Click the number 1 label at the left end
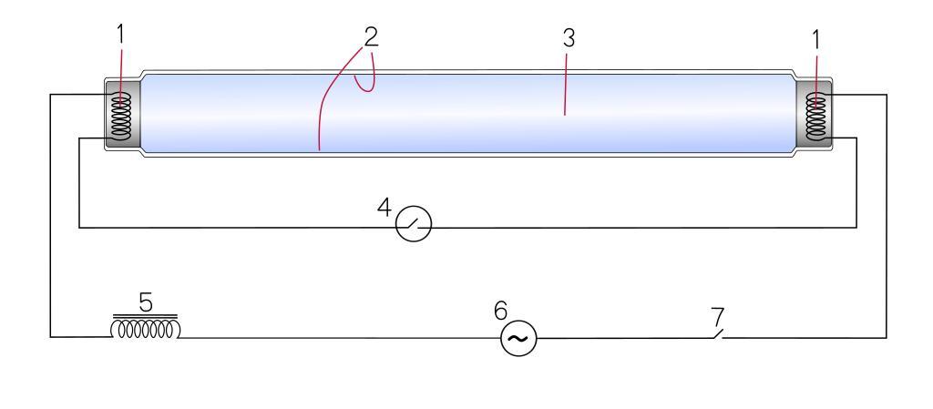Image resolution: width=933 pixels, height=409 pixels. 121,36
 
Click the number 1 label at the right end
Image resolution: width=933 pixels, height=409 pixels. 815,41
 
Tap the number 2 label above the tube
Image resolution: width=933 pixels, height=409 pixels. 371,37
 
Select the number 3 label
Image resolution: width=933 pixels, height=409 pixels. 569,38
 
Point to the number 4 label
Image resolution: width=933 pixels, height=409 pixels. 384,208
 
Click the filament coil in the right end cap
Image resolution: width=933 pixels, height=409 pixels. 815,117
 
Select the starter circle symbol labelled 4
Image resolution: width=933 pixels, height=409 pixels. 414,224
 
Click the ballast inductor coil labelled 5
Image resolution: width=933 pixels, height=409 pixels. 145,329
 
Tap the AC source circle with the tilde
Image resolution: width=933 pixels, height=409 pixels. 518,338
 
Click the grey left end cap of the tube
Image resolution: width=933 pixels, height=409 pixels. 123,114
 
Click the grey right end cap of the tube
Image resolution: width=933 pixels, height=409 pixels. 814,114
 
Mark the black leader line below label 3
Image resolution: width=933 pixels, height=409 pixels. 565,85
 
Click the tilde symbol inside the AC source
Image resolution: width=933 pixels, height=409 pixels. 518,339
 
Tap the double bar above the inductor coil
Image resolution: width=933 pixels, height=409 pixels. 145,316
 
